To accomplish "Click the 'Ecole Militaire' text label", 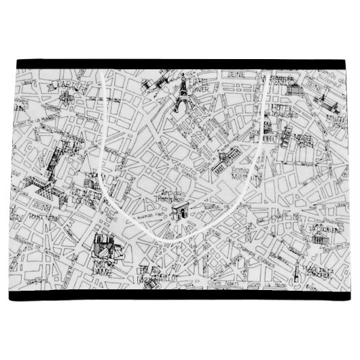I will (241, 170).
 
